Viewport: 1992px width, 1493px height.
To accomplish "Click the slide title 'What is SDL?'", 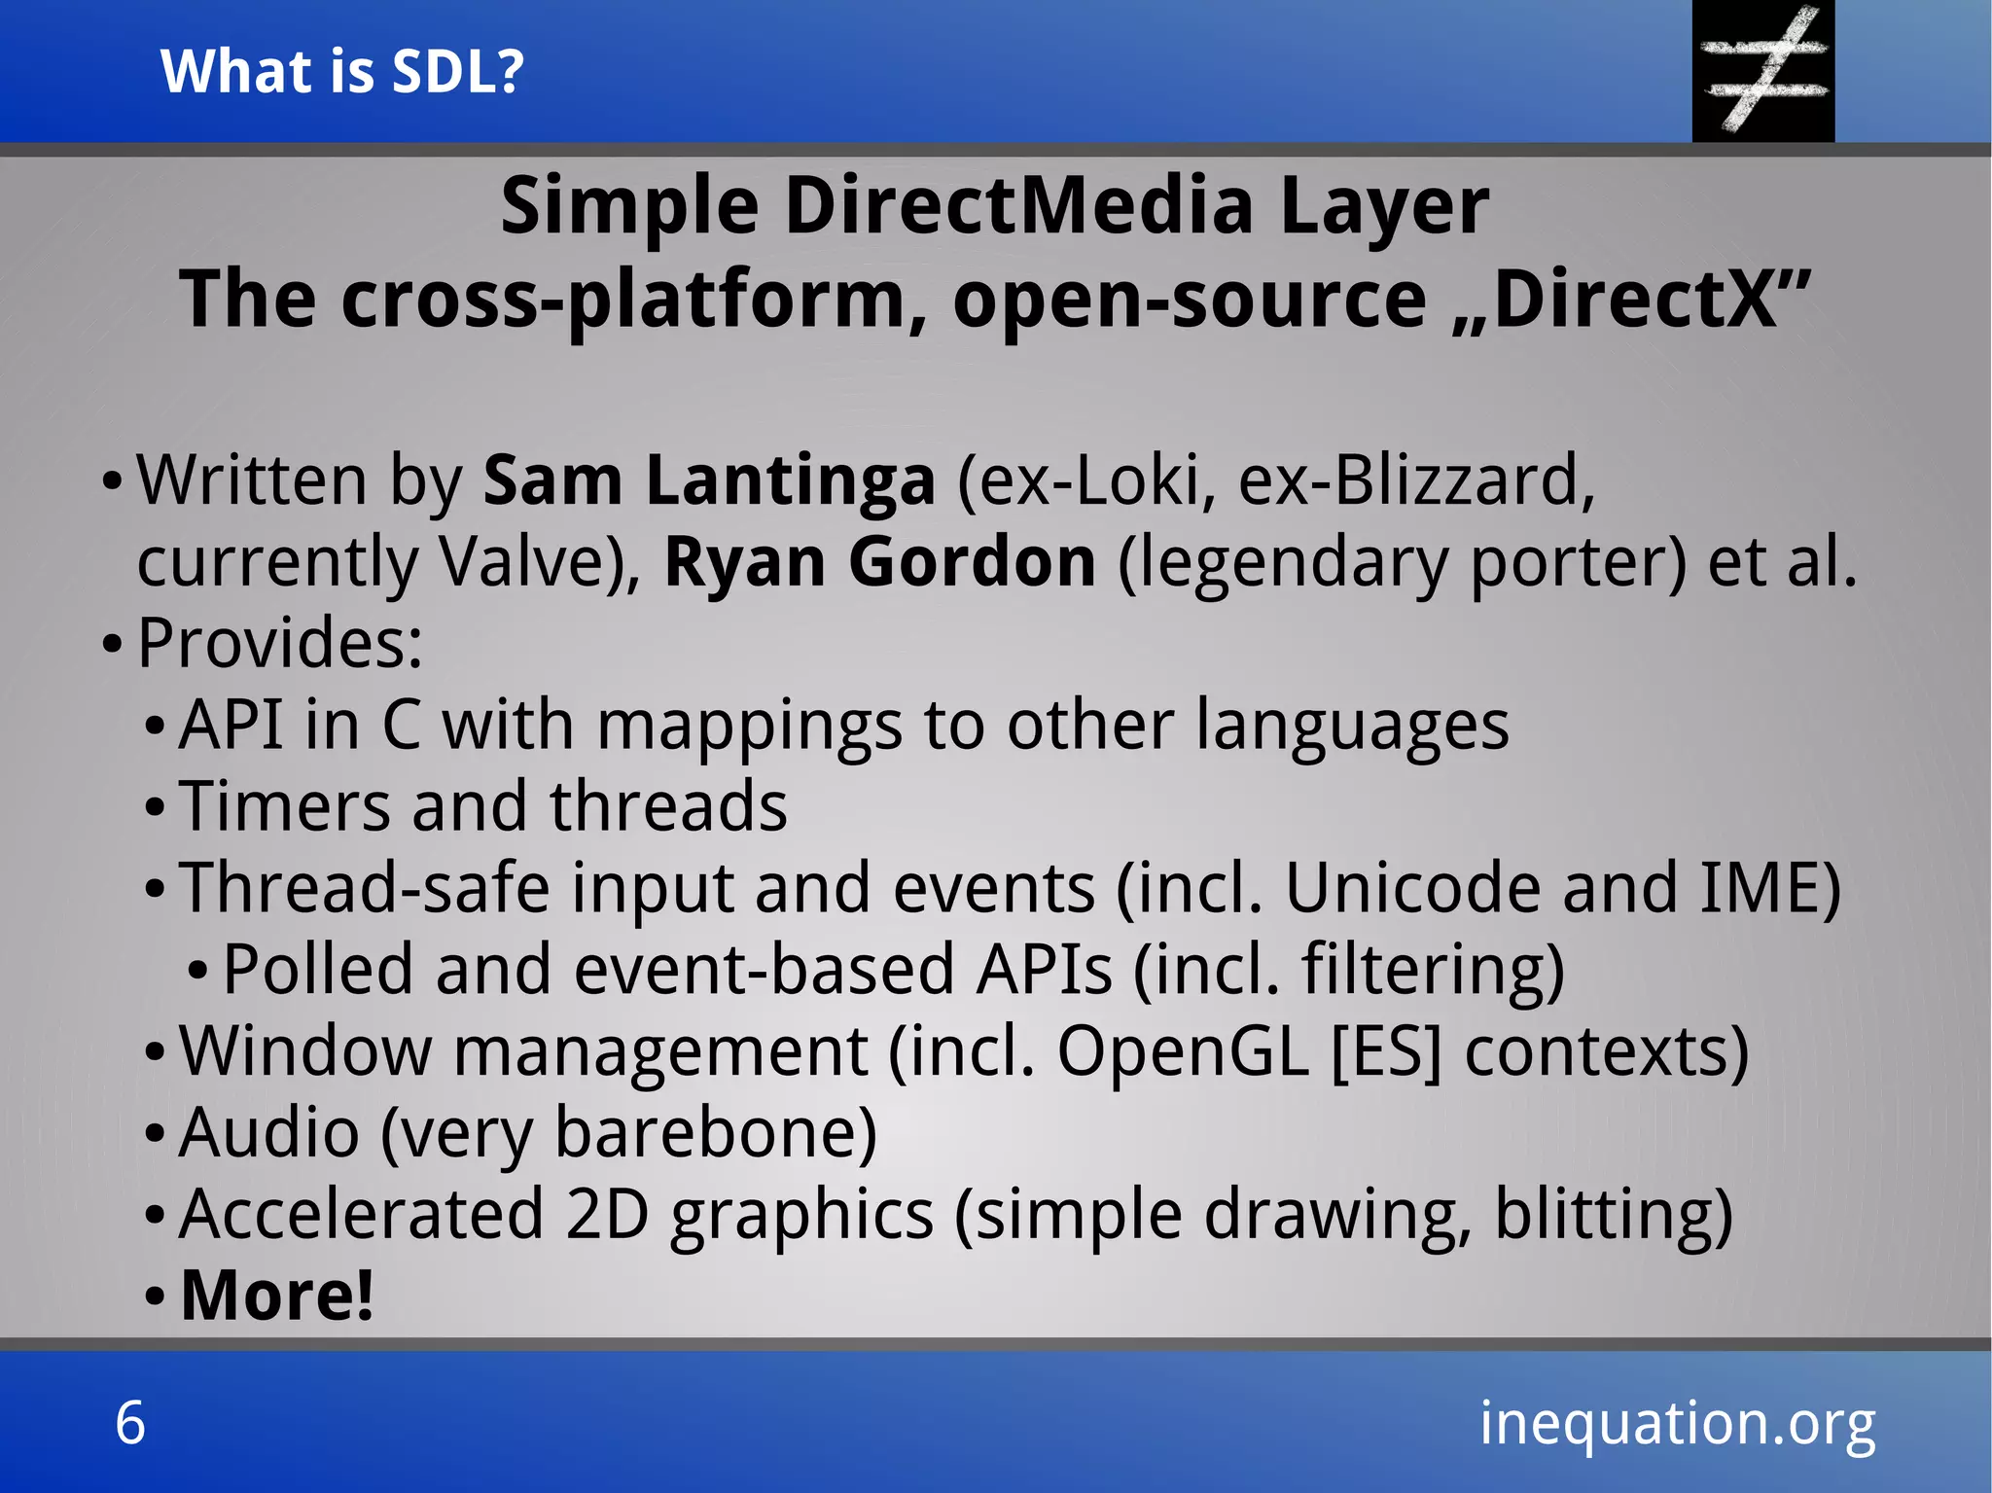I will coord(342,71).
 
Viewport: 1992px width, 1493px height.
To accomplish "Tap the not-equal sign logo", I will coord(1762,70).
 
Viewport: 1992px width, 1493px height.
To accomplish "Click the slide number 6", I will coord(130,1423).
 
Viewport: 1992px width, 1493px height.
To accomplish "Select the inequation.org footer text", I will coord(1677,1423).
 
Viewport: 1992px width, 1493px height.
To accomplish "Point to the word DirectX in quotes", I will coord(1634,299).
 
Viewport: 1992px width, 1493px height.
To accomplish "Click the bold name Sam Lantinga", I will coord(709,480).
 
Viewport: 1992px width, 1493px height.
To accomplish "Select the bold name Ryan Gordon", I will coord(879,562).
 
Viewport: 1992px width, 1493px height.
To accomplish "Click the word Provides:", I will coord(280,643).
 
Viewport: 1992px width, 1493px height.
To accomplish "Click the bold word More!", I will coord(277,1296).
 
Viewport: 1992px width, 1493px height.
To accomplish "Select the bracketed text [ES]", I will coord(1384,1051).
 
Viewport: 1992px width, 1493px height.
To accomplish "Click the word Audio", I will coord(269,1133).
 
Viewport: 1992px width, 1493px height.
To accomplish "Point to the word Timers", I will coord(285,806).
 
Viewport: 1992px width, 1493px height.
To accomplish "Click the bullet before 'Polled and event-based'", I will coord(197,971).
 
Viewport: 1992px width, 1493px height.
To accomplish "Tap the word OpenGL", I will coord(1183,1051).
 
